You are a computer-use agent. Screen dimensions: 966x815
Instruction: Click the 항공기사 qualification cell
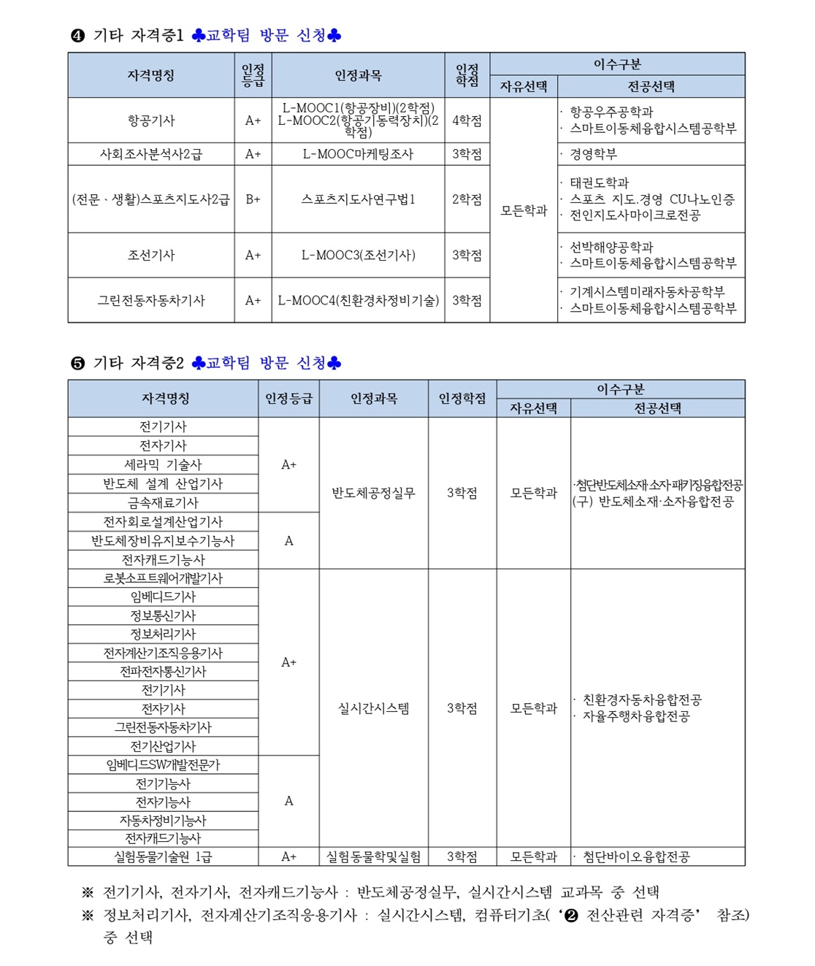click(x=151, y=120)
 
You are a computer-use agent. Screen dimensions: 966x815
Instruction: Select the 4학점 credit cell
click(x=467, y=120)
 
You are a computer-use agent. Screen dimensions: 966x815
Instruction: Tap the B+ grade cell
click(x=253, y=199)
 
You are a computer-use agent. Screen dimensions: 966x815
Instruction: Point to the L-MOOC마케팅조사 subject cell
click(x=358, y=154)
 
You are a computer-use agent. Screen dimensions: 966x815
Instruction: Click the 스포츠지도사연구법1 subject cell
click(x=358, y=199)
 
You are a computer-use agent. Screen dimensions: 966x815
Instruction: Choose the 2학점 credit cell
click(x=467, y=199)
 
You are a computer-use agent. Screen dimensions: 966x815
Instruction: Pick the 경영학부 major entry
click(x=593, y=154)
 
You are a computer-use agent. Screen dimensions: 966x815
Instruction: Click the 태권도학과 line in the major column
click(x=599, y=183)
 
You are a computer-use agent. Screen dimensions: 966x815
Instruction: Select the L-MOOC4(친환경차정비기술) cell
click(x=358, y=300)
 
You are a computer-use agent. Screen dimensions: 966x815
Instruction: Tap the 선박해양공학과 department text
click(x=611, y=247)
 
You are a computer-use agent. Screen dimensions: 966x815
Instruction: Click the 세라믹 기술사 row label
click(x=163, y=464)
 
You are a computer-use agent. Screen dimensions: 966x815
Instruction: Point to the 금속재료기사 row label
click(x=163, y=502)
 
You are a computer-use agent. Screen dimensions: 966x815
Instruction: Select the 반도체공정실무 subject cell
click(x=373, y=493)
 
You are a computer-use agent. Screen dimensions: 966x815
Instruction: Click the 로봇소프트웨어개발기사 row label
click(x=163, y=578)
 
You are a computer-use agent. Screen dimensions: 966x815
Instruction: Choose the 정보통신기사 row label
click(x=163, y=616)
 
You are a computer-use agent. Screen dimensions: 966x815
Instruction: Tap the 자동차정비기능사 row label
click(x=163, y=821)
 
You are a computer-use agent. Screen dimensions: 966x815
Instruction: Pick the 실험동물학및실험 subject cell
click(x=373, y=856)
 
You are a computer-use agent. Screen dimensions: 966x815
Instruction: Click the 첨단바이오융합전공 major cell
click(x=636, y=856)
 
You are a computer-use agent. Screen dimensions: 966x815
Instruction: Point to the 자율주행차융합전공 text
click(x=636, y=716)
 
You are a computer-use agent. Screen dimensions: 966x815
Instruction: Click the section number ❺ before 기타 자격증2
click(x=77, y=364)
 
